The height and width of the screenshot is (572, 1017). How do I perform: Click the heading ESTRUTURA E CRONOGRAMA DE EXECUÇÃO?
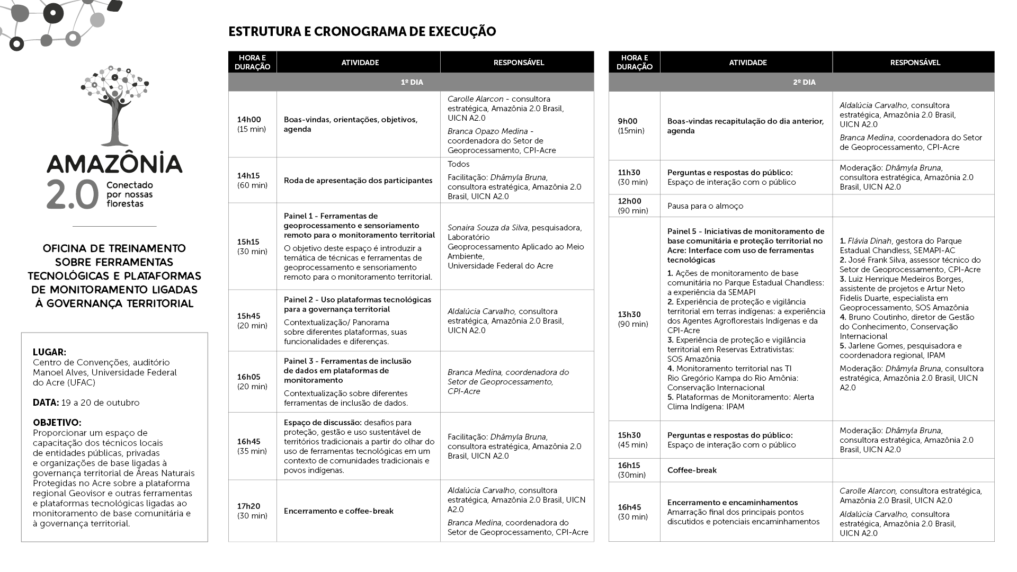pos(362,32)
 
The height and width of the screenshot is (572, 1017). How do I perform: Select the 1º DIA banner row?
pos(411,82)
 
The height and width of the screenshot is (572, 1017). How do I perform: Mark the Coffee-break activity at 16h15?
pos(692,470)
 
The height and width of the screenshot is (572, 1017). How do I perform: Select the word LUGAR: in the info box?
pos(49,352)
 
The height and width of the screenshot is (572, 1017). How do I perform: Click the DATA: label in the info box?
pos(46,403)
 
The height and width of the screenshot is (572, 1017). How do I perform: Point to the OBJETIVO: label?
pos(57,423)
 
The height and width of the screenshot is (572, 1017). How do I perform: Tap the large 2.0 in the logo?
pos(73,193)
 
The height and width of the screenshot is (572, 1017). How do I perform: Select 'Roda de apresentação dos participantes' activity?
pos(358,181)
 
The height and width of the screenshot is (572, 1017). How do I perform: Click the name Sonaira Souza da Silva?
pos(487,228)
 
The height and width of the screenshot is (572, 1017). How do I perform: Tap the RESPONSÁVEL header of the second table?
pos(915,62)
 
